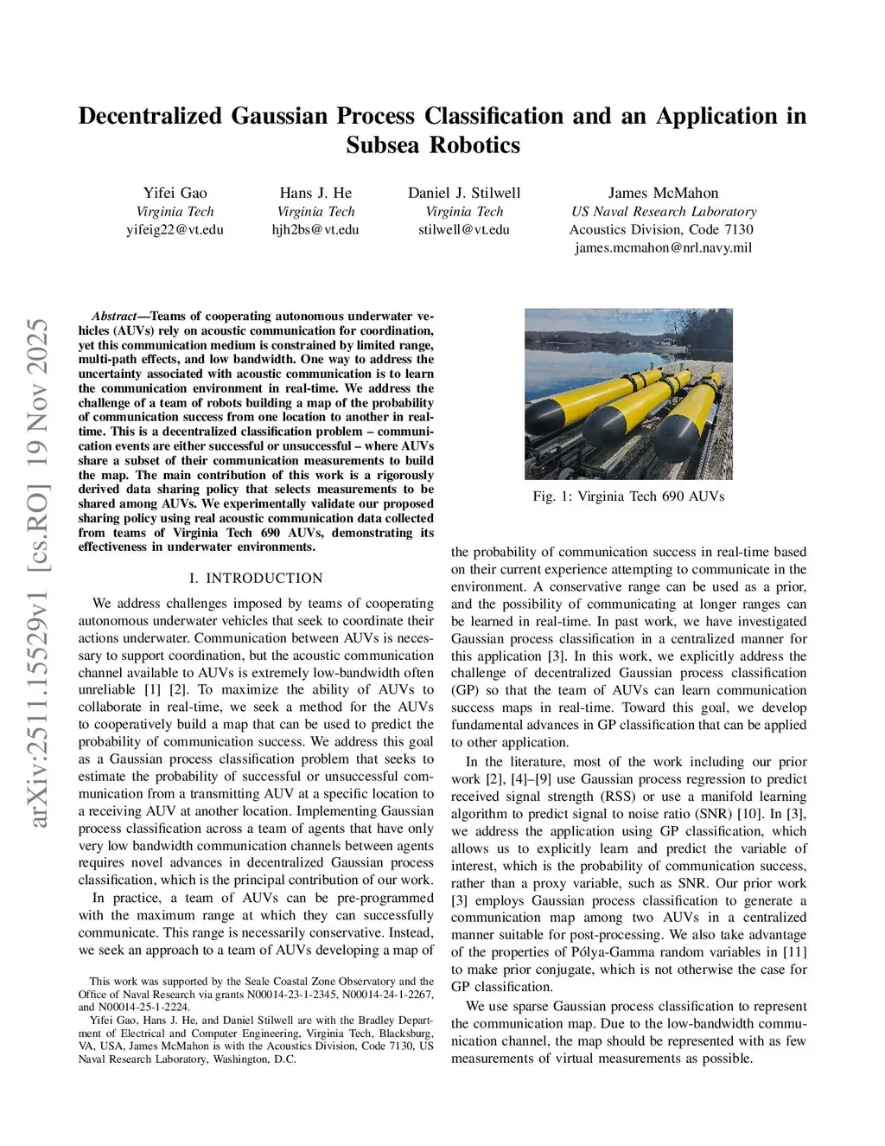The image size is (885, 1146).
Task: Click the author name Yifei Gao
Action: (175, 193)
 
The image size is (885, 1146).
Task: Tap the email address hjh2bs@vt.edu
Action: (315, 229)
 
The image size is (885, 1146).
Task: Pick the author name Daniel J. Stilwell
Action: (464, 193)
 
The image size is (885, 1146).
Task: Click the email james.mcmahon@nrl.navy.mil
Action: (663, 247)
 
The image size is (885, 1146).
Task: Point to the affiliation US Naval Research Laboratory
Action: (663, 211)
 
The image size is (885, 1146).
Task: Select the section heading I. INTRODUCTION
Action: (256, 578)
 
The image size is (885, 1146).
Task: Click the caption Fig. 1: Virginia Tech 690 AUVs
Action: (628, 496)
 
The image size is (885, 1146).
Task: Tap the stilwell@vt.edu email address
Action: (464, 229)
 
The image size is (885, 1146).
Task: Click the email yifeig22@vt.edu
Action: (175, 229)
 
